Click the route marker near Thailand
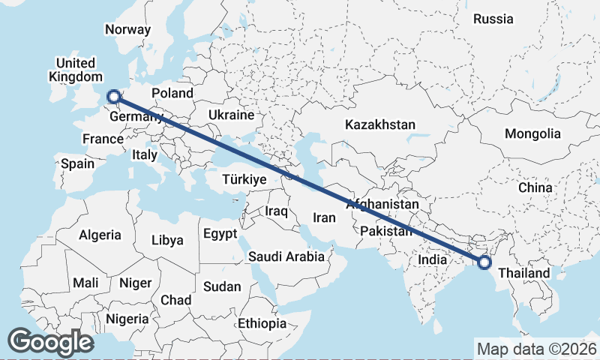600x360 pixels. (484, 262)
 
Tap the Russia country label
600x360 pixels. (493, 19)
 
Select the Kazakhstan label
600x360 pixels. (380, 124)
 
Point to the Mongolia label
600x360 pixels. (532, 134)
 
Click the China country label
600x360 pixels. (535, 187)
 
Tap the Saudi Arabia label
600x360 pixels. (286, 256)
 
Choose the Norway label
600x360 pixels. (127, 30)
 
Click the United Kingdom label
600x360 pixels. (75, 70)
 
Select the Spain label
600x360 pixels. (78, 163)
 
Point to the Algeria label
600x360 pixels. (100, 235)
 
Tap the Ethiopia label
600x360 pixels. (262, 324)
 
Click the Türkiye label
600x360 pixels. (244, 180)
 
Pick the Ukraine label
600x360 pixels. (231, 115)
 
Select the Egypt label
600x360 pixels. (220, 234)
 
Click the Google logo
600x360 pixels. (50, 342)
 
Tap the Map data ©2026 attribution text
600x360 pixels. (536, 349)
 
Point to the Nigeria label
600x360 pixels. (127, 319)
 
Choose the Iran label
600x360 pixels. (323, 217)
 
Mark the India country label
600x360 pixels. (433, 259)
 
